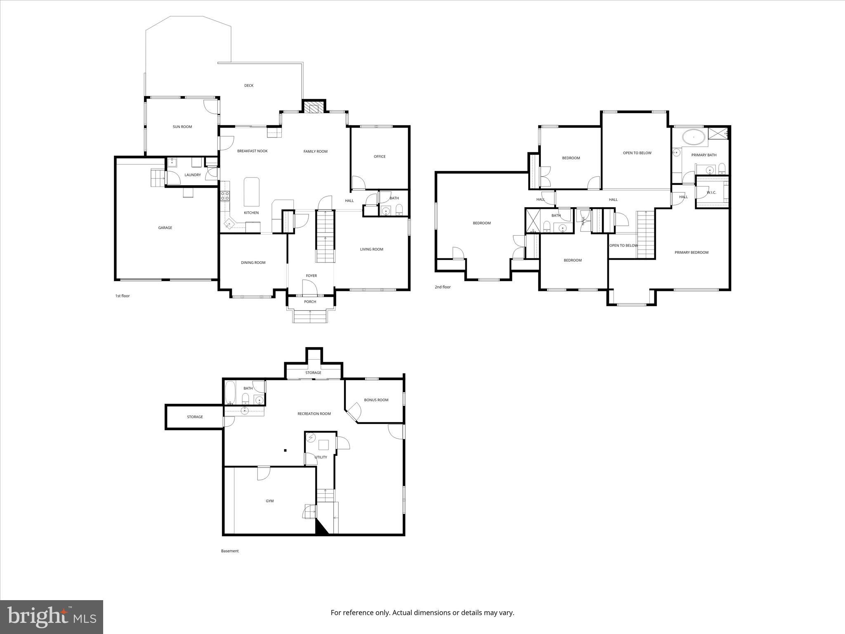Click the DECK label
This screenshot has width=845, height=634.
click(249, 86)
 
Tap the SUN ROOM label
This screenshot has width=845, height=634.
click(182, 127)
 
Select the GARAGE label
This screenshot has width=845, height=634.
click(165, 228)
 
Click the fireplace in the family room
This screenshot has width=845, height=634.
click(314, 107)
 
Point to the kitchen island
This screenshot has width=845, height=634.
click(251, 192)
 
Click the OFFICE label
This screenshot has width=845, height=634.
click(380, 156)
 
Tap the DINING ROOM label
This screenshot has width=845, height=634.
click(253, 263)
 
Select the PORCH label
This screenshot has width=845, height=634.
click(310, 302)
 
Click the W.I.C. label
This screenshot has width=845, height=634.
click(711, 193)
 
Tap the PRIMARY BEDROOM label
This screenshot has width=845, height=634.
click(692, 253)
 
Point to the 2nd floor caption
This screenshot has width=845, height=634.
click(443, 287)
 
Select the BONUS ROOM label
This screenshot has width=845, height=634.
click(376, 400)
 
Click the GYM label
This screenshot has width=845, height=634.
click(269, 501)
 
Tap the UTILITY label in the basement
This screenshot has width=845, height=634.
click(321, 457)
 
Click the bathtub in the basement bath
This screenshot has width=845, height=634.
click(230, 393)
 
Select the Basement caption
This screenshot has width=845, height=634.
click(230, 551)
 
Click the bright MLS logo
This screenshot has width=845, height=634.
click(52, 617)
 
